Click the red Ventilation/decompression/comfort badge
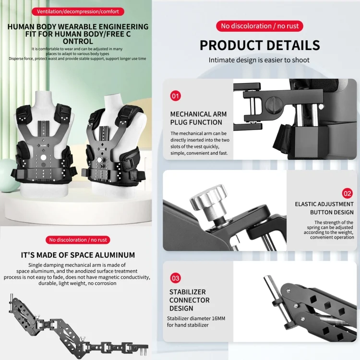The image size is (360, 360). point(78,12)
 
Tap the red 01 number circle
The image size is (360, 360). point(175,96)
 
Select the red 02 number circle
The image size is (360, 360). point(347,193)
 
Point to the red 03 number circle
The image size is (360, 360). point(175,278)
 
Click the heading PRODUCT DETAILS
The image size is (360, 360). point(260,45)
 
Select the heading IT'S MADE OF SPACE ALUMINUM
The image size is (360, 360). point(78,255)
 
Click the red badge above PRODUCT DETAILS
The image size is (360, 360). point(260,26)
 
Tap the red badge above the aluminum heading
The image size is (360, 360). point(78,240)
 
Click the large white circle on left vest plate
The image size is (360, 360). point(43,157)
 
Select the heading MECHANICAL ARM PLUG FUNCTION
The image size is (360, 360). point(198,118)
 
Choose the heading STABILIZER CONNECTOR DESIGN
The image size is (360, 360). point(190,300)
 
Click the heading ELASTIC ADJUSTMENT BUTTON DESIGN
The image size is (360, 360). point(324,208)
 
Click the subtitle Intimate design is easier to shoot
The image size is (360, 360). point(259,60)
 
